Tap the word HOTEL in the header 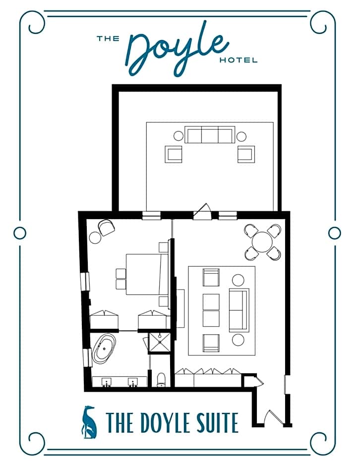(x=238, y=60)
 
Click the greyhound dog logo (x=89, y=422)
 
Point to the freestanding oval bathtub (x=104, y=349)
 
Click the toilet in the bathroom (x=161, y=380)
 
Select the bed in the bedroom (x=147, y=274)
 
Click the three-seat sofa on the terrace (x=210, y=135)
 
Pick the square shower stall (x=160, y=343)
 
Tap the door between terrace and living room (x=202, y=212)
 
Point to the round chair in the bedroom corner (x=106, y=228)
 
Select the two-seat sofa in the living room (x=239, y=310)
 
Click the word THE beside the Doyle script (x=108, y=38)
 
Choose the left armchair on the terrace (x=174, y=154)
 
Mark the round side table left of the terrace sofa (x=179, y=136)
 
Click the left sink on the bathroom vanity (x=107, y=382)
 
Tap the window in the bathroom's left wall (x=87, y=357)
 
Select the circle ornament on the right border (x=334, y=233)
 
